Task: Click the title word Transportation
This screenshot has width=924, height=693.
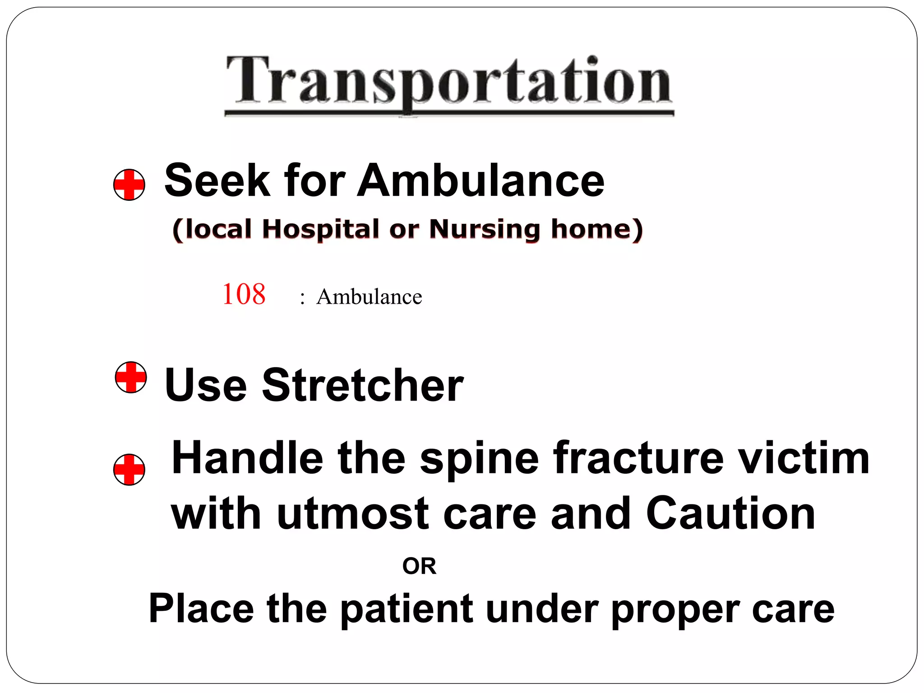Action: [x=449, y=81]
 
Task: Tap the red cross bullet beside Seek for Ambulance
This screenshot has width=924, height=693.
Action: [x=129, y=185]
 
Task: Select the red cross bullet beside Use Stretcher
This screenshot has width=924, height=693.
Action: [x=131, y=377]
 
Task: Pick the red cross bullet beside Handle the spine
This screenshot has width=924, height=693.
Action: [x=129, y=470]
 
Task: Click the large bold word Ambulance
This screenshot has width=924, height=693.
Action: [x=480, y=180]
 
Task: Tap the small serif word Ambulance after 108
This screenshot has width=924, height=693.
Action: [x=369, y=297]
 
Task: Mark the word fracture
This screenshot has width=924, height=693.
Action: [x=638, y=458]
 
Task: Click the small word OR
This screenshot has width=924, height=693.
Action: [x=419, y=566]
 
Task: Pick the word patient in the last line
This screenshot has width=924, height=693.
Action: [x=407, y=609]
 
